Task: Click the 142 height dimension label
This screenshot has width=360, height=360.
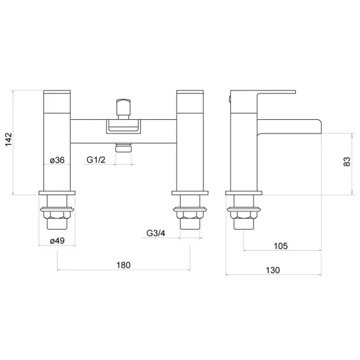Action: [x=9, y=139]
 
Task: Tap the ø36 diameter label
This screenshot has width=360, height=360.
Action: [x=57, y=160]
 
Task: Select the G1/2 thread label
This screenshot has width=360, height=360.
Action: [x=96, y=160]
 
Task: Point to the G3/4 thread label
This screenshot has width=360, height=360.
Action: [x=156, y=233]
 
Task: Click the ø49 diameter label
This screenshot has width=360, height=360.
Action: [x=57, y=241]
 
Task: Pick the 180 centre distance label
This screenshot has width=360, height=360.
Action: [x=124, y=265]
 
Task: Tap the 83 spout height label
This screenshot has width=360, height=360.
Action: [x=347, y=162]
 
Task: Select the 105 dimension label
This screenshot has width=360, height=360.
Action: [x=281, y=246]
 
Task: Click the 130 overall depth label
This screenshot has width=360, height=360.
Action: [x=273, y=270]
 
